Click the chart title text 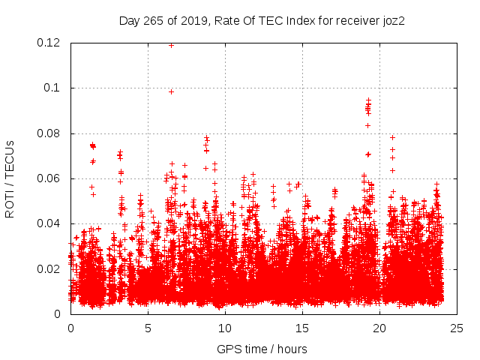pyautogui.click(x=262, y=20)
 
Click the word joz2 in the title pyautogui.click(x=392, y=20)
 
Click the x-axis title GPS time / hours pyautogui.click(x=262, y=349)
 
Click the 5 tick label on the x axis pyautogui.click(x=148, y=328)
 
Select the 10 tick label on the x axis pyautogui.click(x=225, y=328)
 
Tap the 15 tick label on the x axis pyautogui.click(x=302, y=328)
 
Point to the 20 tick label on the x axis pyautogui.click(x=379, y=328)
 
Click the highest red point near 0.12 pyautogui.click(x=172, y=45)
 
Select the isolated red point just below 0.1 pyautogui.click(x=171, y=91)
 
